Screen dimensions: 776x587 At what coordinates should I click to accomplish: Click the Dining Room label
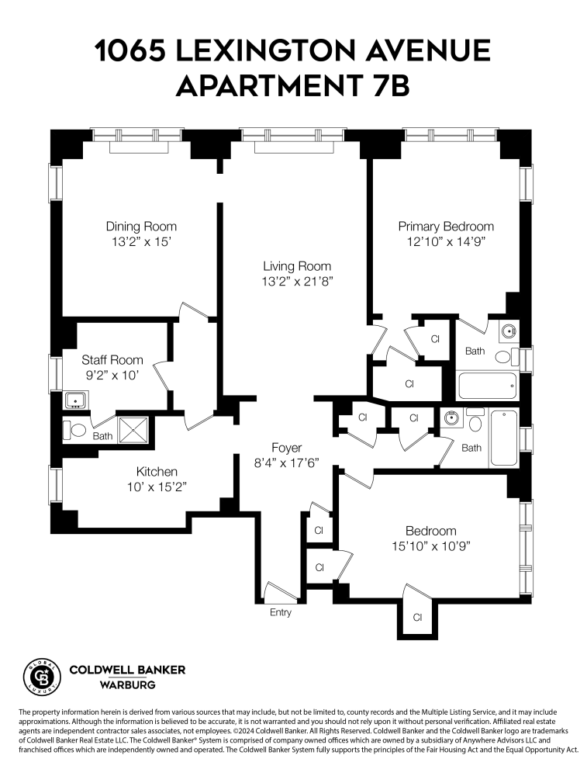(x=141, y=227)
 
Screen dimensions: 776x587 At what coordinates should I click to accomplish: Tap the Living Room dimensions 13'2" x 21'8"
(x=297, y=281)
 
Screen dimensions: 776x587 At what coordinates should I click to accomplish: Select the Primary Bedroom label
(x=446, y=227)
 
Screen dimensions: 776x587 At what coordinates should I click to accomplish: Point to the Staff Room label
(x=112, y=359)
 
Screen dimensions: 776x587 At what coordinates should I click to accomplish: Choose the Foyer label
(x=286, y=448)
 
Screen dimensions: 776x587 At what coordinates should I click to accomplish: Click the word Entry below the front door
(x=281, y=612)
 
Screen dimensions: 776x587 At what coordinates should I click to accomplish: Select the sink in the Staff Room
(x=75, y=401)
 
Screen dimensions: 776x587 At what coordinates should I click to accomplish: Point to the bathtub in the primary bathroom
(x=488, y=386)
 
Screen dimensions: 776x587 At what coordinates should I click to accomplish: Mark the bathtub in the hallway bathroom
(x=504, y=438)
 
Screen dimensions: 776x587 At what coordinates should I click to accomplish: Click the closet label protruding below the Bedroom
(x=417, y=618)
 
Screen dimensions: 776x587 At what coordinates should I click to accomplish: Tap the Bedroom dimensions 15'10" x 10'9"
(x=430, y=546)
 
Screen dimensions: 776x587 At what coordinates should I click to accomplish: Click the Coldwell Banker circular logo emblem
(x=40, y=675)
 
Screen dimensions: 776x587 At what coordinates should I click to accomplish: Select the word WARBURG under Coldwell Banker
(x=127, y=685)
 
